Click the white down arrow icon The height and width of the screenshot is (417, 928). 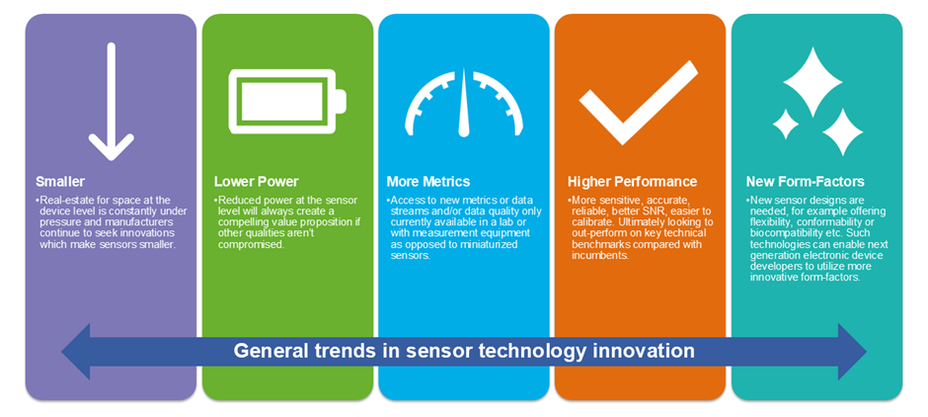coord(111,101)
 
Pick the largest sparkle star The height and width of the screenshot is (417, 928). coord(812,82)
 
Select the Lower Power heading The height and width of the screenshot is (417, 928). coord(257,181)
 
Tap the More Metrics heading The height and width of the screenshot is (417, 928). coord(429,181)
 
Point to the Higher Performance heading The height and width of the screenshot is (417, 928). coord(632,181)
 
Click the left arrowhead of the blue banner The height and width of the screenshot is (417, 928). coord(76,351)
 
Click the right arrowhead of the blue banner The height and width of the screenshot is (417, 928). coord(853,351)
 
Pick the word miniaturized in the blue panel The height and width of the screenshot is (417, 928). coord(493,245)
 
